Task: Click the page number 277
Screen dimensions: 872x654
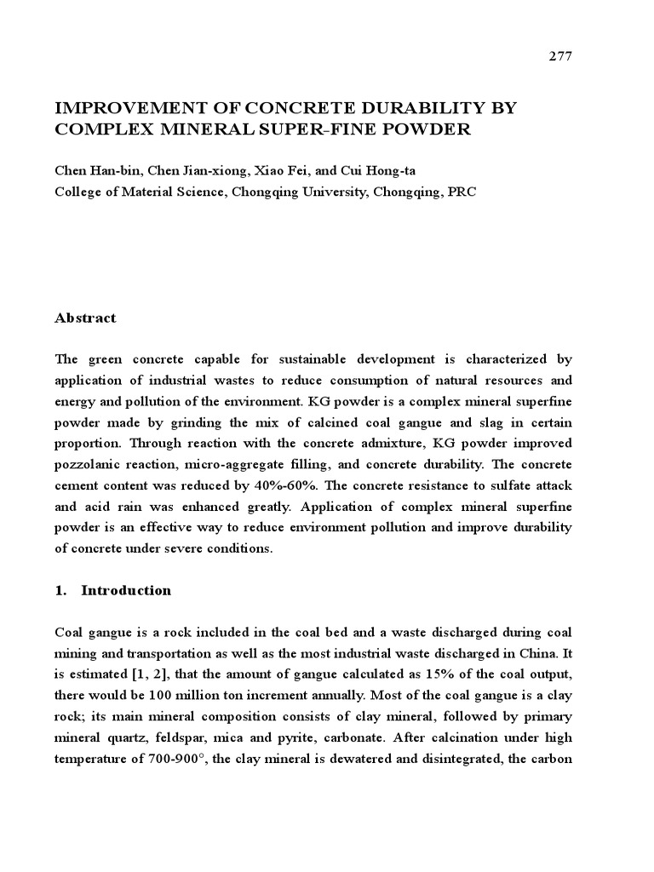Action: (x=560, y=56)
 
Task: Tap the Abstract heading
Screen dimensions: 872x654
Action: (x=85, y=318)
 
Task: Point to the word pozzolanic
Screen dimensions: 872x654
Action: (x=93, y=465)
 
